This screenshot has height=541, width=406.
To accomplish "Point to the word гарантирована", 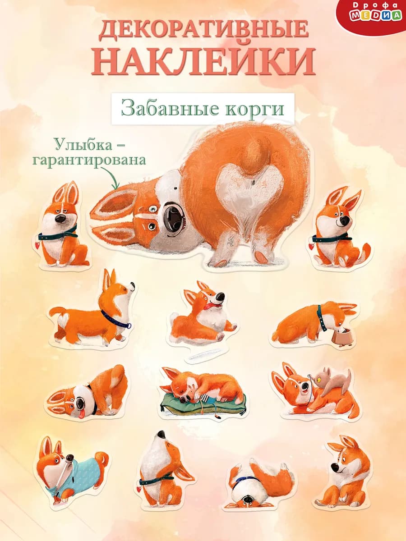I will point(100,160).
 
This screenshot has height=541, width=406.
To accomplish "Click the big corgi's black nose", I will point(174,217).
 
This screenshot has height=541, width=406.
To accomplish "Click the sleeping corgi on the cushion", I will point(208,385).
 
